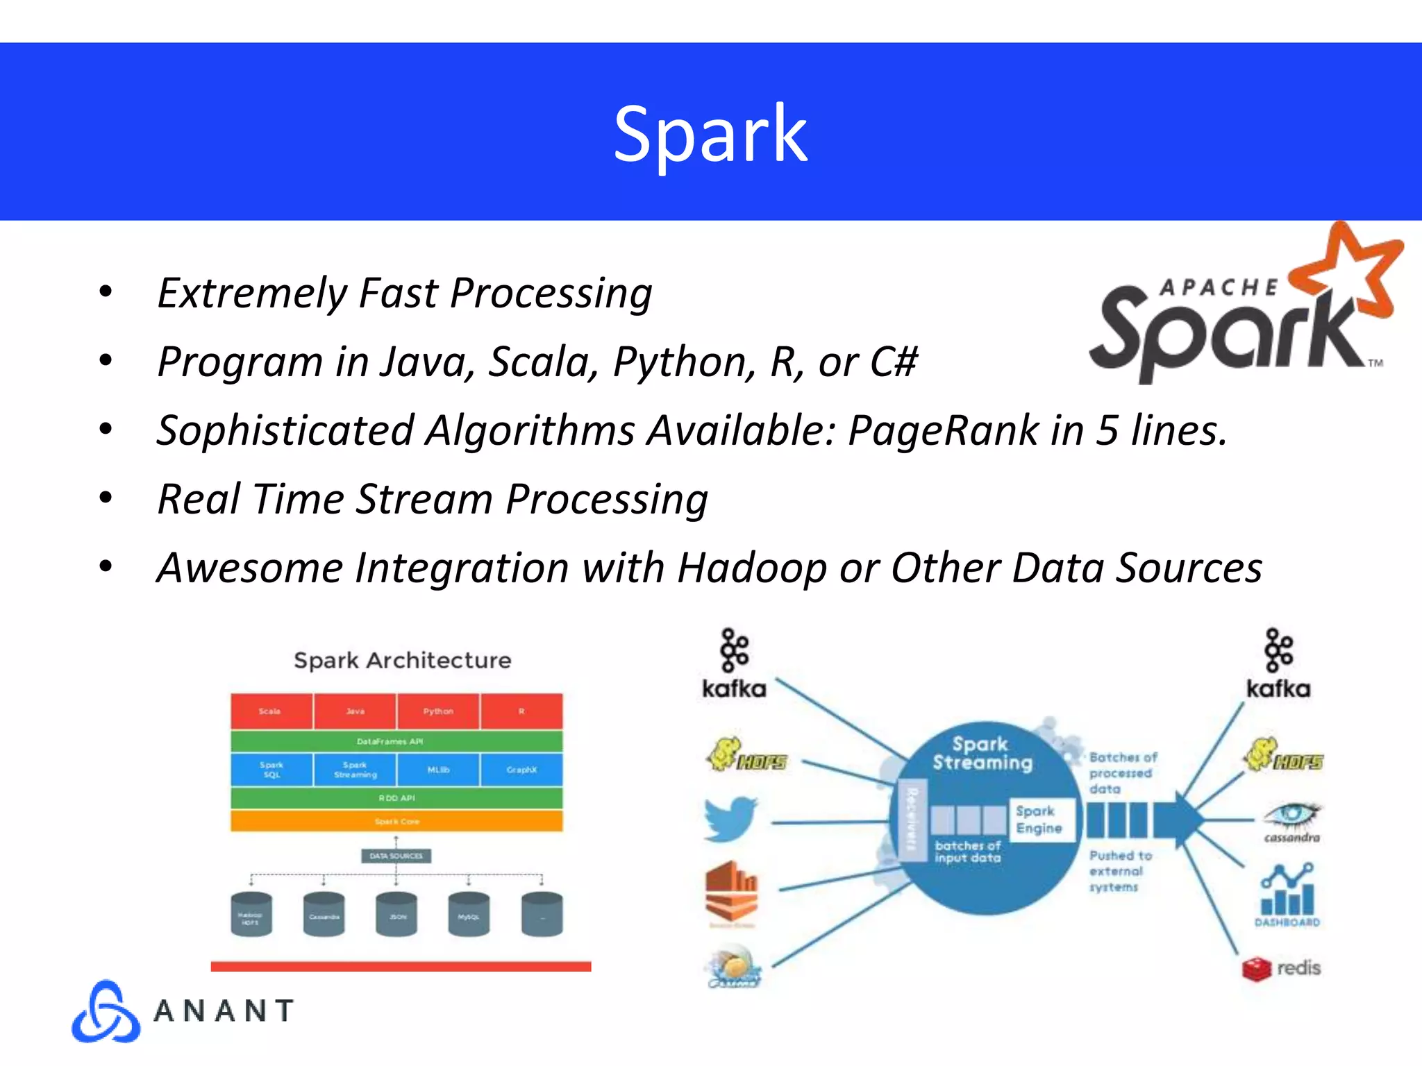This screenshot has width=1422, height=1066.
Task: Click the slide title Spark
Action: coord(710,133)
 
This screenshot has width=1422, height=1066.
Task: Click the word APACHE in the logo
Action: coord(1219,287)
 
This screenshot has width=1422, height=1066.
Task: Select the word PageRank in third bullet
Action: coord(943,430)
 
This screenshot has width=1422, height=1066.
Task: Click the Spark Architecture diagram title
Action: coord(402,660)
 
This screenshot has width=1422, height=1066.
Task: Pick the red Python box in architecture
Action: coord(438,711)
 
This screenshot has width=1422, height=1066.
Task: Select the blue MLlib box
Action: coord(438,770)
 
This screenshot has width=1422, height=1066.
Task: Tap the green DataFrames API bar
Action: coord(396,741)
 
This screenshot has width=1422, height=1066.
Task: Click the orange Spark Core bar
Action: coord(396,821)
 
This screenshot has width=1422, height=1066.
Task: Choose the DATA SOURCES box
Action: coord(396,856)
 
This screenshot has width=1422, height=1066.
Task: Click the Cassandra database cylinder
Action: coord(324,915)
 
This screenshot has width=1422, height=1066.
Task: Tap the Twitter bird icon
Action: coord(731,819)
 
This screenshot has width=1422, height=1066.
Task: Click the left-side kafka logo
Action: coord(734,663)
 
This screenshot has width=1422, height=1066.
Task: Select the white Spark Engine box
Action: coord(1039,820)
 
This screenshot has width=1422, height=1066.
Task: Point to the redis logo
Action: coord(1282,968)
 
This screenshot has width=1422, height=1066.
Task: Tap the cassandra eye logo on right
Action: coord(1291,819)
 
